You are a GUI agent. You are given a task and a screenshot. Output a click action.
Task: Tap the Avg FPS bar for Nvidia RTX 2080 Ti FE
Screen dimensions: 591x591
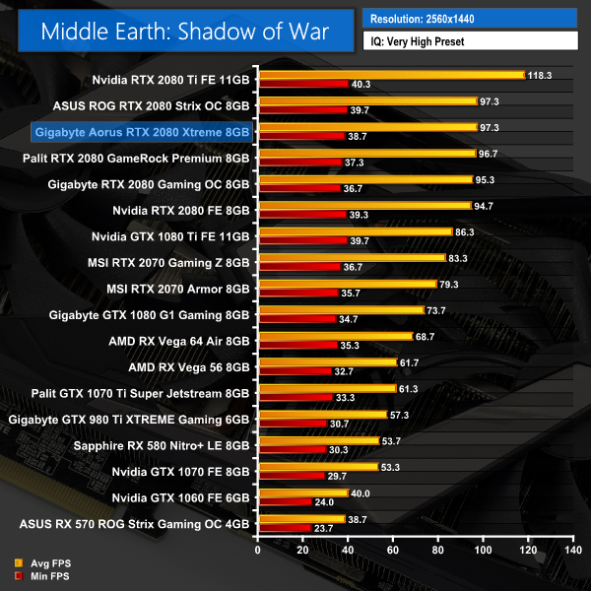pyautogui.click(x=390, y=74)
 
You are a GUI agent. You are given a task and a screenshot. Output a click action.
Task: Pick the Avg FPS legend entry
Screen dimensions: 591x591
pyautogui.click(x=44, y=562)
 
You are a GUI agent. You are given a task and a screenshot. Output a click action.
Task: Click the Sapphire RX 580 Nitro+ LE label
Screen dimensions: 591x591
pyautogui.click(x=162, y=445)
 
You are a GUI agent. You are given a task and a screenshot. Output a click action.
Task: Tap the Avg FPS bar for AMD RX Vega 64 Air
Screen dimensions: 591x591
pyautogui.click(x=335, y=336)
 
